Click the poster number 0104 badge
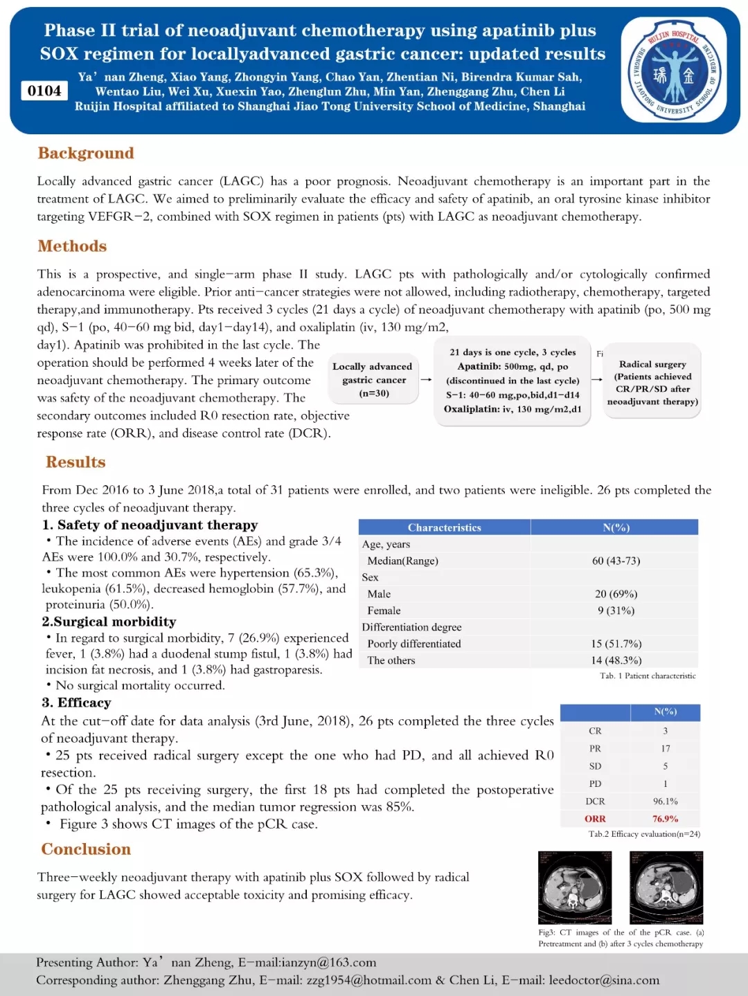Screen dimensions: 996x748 [44, 91]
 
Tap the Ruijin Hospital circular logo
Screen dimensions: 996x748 [673, 71]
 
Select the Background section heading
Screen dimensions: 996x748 [86, 153]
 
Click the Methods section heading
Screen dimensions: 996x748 [72, 246]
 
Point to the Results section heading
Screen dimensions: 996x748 [75, 462]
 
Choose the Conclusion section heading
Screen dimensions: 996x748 [86, 849]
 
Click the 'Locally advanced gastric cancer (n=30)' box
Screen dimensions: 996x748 [374, 380]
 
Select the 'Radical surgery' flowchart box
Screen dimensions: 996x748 [652, 382]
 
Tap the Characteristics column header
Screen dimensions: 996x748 [444, 527]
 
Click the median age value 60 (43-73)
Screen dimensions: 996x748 [616, 561]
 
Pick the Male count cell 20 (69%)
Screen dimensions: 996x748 [616, 594]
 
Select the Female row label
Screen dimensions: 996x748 [384, 610]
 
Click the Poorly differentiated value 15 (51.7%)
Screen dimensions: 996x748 [616, 644]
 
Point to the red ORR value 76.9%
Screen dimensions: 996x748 [665, 819]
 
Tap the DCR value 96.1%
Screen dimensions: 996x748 [665, 802]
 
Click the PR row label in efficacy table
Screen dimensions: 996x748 [595, 748]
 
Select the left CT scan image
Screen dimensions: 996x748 [575, 887]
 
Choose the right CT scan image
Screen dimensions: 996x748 [666, 887]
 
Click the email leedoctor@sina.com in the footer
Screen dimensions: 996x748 [604, 980]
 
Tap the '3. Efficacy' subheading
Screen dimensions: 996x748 [76, 703]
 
